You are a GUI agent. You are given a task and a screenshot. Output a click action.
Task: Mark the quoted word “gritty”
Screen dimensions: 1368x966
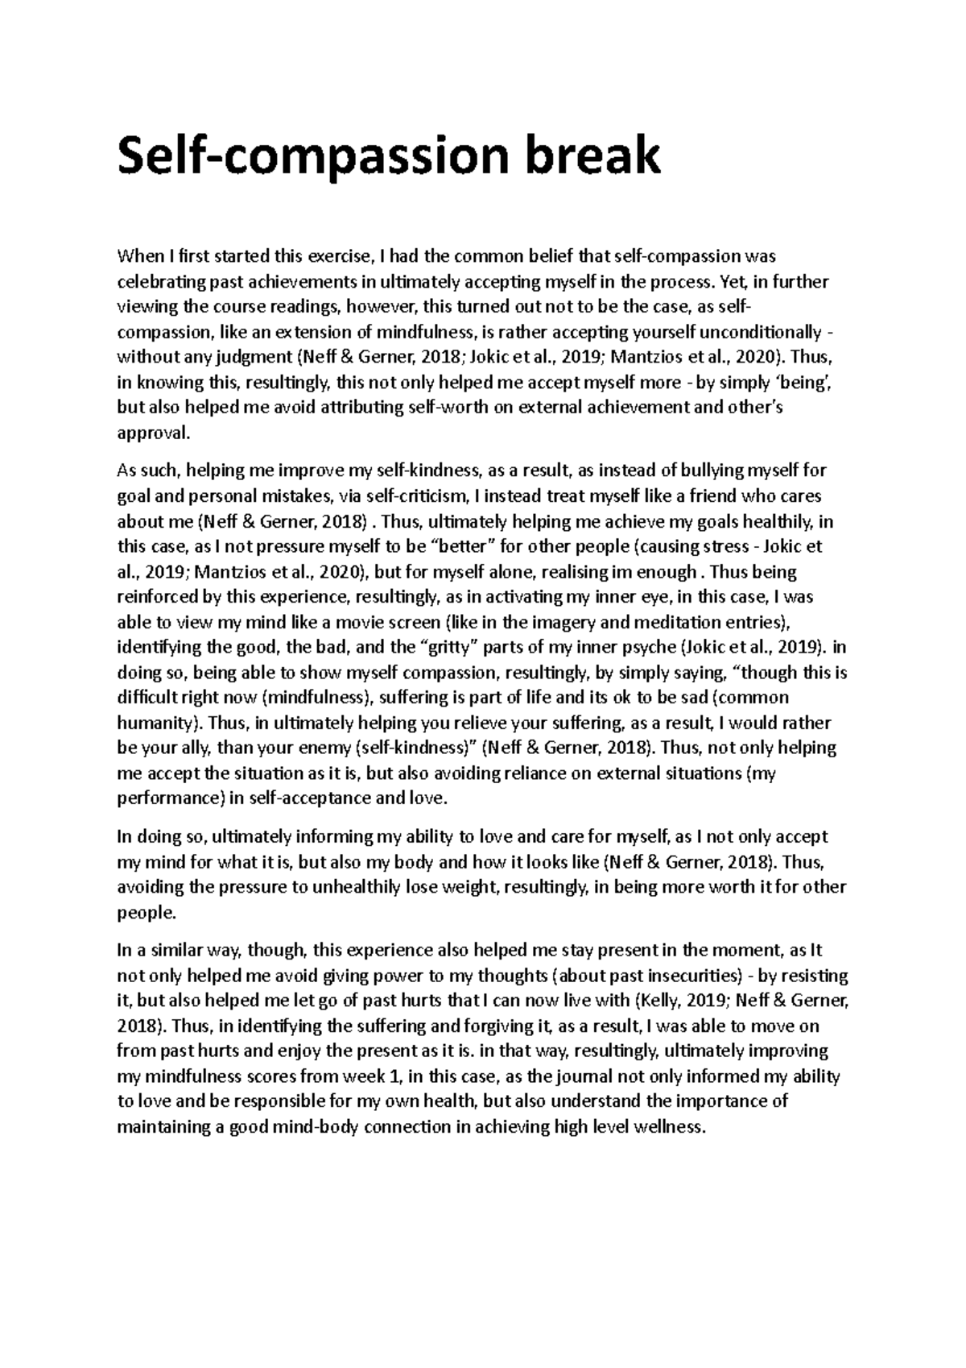[454, 647]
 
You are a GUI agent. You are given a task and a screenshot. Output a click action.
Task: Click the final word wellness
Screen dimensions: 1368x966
[671, 1127]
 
